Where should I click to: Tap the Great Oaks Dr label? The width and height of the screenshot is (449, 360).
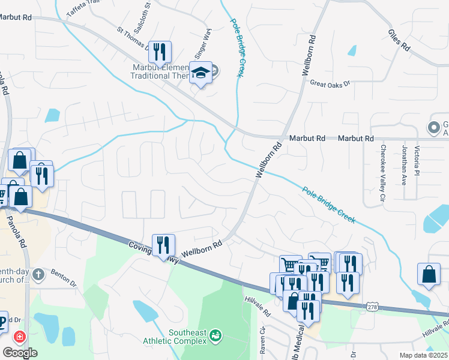(x=330, y=84)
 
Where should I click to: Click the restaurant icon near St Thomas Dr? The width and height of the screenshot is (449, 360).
(x=160, y=52)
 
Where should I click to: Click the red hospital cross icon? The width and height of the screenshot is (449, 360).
(x=20, y=337)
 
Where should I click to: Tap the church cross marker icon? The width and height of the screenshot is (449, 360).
(x=38, y=275)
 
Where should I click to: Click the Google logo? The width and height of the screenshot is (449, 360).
(x=20, y=352)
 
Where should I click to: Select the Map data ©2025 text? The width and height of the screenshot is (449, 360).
(x=424, y=355)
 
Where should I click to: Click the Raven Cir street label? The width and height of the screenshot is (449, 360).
(x=262, y=340)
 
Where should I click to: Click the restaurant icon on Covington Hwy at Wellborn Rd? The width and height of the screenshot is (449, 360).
(x=163, y=245)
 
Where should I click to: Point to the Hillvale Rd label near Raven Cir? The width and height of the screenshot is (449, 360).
(x=258, y=306)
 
